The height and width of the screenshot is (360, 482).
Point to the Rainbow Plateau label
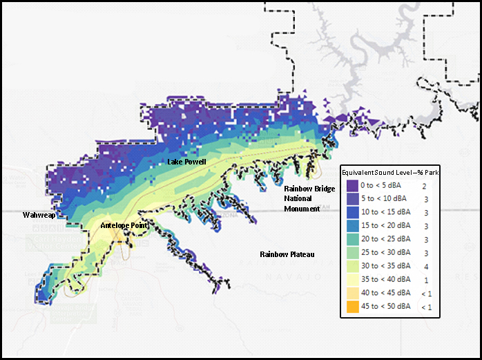[287, 255]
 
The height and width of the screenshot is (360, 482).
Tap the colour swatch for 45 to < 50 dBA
[352, 306]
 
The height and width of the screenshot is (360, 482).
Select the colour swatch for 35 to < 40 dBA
[352, 279]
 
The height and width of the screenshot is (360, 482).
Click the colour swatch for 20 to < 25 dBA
[352, 240]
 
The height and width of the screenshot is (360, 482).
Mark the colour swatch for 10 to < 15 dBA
[352, 213]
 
